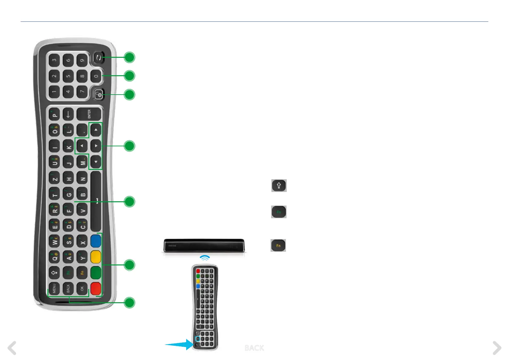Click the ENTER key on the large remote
click(89, 114)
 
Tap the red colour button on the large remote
click(96, 288)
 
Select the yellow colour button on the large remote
click(96, 257)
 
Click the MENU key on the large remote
click(54, 288)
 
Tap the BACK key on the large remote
click(68, 288)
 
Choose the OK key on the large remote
click(82, 288)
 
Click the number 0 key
click(96, 76)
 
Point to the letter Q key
click(54, 258)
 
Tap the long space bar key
click(96, 201)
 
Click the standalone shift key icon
click(279, 186)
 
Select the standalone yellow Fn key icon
click(278, 245)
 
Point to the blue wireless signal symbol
click(205, 258)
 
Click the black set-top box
click(204, 245)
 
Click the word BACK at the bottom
click(254, 348)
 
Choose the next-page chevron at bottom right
click(497, 348)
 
